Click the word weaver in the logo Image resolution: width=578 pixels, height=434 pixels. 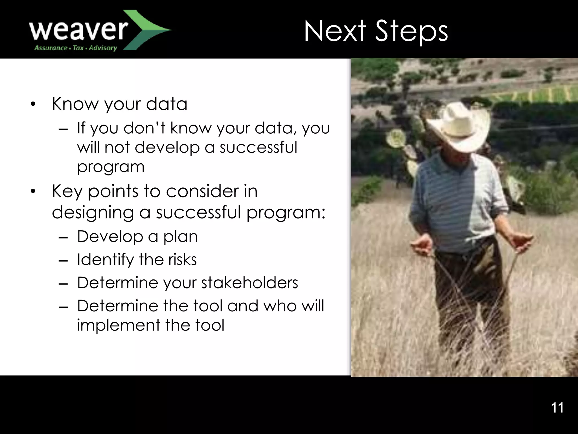click(78, 30)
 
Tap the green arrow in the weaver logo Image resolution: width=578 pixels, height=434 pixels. click(147, 30)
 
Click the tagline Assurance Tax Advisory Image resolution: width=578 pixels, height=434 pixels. click(75, 48)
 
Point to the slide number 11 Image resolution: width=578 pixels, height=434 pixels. click(557, 408)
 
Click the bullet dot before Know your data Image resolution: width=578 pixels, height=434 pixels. click(33, 105)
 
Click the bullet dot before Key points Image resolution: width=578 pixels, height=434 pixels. click(33, 192)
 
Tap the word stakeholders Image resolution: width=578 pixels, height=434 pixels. click(249, 283)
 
